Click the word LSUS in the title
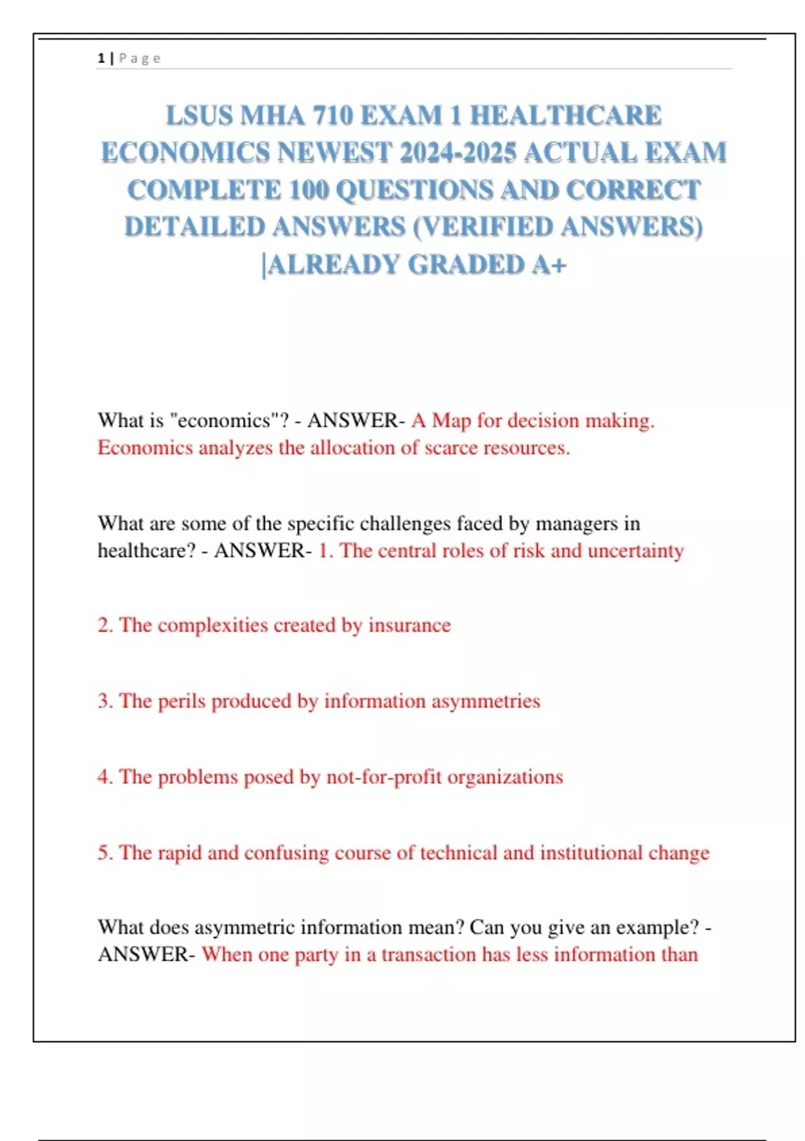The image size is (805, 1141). click(199, 116)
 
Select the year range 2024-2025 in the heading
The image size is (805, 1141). click(458, 153)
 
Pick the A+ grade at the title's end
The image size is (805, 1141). click(549, 264)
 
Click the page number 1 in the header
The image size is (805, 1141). click(101, 58)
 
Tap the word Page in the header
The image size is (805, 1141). click(140, 58)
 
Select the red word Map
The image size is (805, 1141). click(451, 421)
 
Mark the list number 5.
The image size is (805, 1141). click(104, 852)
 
